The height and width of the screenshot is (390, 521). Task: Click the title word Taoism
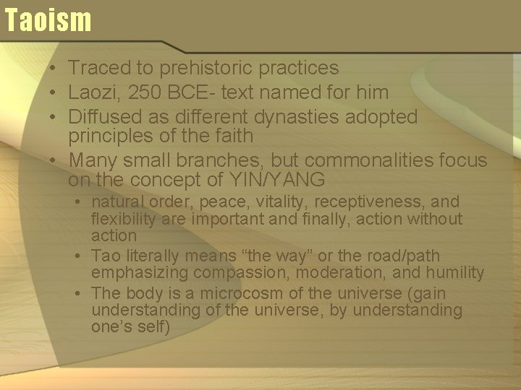[48, 19]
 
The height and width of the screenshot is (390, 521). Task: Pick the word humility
[454, 272]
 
